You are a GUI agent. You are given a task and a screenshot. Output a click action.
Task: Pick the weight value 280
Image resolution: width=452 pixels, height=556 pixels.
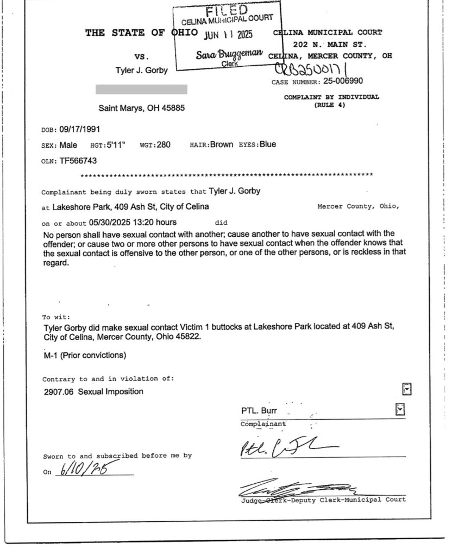(x=164, y=145)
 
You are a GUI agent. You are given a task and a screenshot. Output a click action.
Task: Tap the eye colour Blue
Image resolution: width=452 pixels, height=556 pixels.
(x=267, y=144)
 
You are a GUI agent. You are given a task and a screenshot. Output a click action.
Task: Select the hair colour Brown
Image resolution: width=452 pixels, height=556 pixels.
(x=222, y=145)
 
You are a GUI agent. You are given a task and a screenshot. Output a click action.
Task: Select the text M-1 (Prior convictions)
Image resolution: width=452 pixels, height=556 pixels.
(x=85, y=356)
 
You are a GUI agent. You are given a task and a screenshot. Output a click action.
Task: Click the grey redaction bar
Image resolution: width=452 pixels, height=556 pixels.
(x=141, y=89)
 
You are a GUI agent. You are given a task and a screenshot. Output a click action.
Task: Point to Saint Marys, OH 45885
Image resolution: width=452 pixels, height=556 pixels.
(x=141, y=108)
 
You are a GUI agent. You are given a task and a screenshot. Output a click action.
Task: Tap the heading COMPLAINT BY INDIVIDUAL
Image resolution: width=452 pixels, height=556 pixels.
(x=331, y=97)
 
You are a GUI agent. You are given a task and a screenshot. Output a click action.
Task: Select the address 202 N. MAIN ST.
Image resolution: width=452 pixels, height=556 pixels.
(x=330, y=44)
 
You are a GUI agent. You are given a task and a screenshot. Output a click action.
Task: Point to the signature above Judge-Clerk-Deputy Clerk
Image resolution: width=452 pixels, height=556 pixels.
(x=296, y=488)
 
